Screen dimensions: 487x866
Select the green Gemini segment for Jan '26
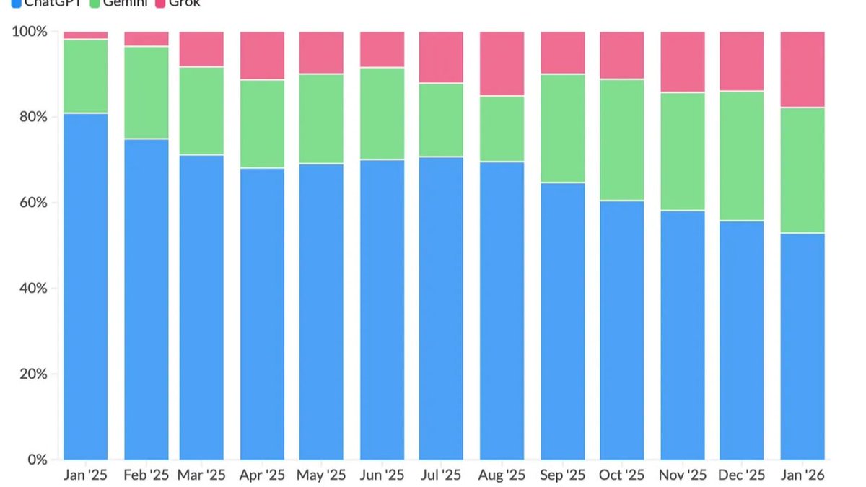(x=802, y=170)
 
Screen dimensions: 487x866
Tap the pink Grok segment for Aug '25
(x=502, y=63)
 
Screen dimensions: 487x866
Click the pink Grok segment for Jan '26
(x=802, y=69)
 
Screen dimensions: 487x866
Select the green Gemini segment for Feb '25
(x=146, y=92)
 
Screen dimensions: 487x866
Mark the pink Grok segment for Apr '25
(x=263, y=56)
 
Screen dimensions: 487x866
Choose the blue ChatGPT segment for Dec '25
(x=742, y=340)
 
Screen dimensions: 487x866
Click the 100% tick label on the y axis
(x=30, y=32)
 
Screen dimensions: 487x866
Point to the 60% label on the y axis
(x=33, y=203)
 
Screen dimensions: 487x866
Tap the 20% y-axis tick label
(x=33, y=374)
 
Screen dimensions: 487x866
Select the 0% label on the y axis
(x=37, y=460)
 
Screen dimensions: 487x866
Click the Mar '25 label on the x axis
(x=202, y=475)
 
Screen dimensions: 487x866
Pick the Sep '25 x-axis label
(x=563, y=475)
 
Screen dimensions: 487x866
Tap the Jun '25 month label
(x=382, y=475)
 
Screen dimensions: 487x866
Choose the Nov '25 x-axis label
(x=683, y=475)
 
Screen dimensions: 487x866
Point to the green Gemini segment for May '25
(x=322, y=119)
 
